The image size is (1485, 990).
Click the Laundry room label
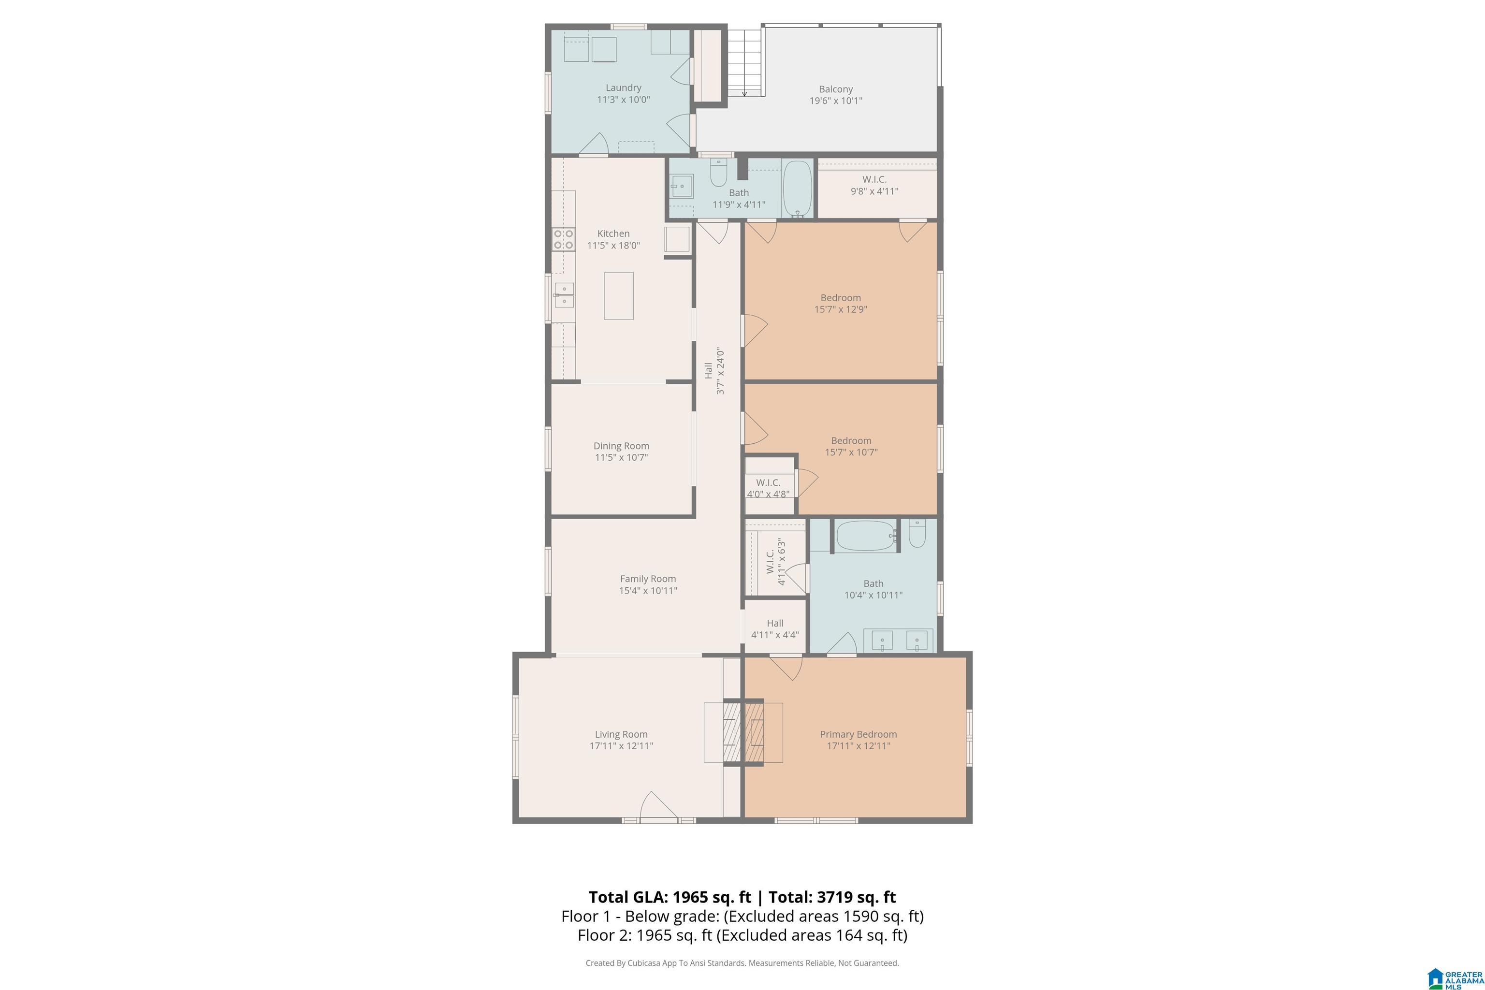tap(623, 88)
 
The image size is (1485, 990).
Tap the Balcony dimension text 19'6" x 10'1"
tap(836, 101)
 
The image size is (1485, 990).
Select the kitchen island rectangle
tap(619, 296)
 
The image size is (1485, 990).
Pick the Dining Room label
tap(621, 446)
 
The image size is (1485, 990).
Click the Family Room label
tap(648, 579)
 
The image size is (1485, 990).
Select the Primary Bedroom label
tap(858, 734)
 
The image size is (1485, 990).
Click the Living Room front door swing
tap(658, 806)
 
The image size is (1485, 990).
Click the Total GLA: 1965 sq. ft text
tap(670, 897)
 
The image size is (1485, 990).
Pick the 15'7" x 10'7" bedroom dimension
tap(851, 452)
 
